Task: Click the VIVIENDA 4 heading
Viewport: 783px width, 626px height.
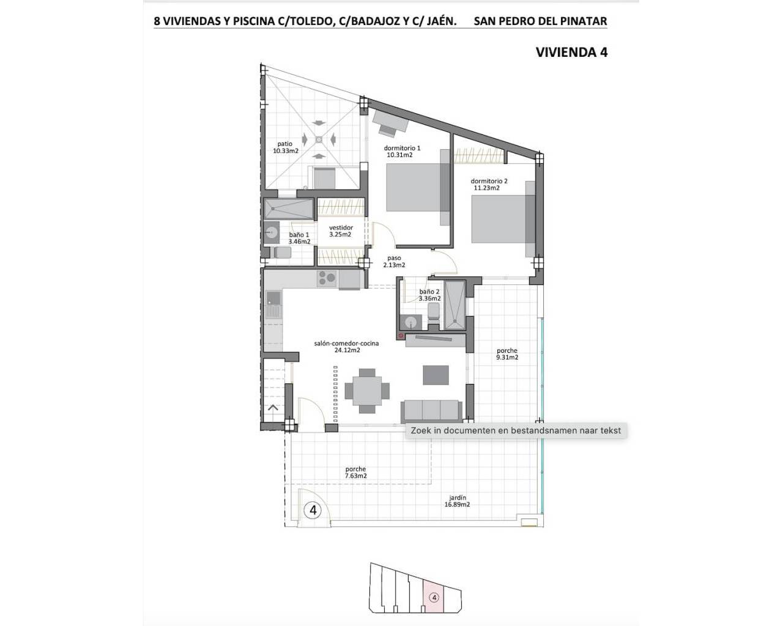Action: pyautogui.click(x=571, y=53)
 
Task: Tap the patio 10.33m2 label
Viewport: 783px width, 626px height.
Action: pyautogui.click(x=286, y=147)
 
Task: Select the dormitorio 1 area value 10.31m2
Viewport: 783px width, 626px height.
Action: pyautogui.click(x=399, y=155)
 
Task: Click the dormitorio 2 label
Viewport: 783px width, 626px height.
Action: pyautogui.click(x=489, y=181)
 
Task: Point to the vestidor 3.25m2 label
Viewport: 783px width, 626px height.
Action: pyautogui.click(x=341, y=231)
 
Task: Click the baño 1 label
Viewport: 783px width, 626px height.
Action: pyautogui.click(x=299, y=235)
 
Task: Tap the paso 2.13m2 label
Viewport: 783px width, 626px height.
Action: pyautogui.click(x=394, y=262)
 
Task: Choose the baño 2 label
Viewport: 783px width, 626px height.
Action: pyautogui.click(x=429, y=292)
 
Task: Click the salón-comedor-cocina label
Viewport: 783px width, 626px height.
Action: pyautogui.click(x=346, y=344)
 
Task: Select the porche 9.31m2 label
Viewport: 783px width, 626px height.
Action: pyautogui.click(x=507, y=354)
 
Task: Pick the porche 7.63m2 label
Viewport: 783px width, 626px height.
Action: pyautogui.click(x=356, y=473)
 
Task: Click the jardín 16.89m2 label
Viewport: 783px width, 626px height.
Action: pyautogui.click(x=457, y=501)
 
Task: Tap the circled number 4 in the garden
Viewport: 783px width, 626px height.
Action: pyautogui.click(x=313, y=510)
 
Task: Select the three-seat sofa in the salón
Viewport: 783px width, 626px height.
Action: pyautogui.click(x=431, y=411)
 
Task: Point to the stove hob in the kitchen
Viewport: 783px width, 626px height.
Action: pyautogui.click(x=327, y=278)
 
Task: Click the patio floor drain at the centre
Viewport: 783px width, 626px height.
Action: pyautogui.click(x=319, y=139)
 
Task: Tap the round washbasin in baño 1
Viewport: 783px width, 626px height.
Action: pyautogui.click(x=271, y=232)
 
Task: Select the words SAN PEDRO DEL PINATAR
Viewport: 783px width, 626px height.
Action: pyautogui.click(x=540, y=21)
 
